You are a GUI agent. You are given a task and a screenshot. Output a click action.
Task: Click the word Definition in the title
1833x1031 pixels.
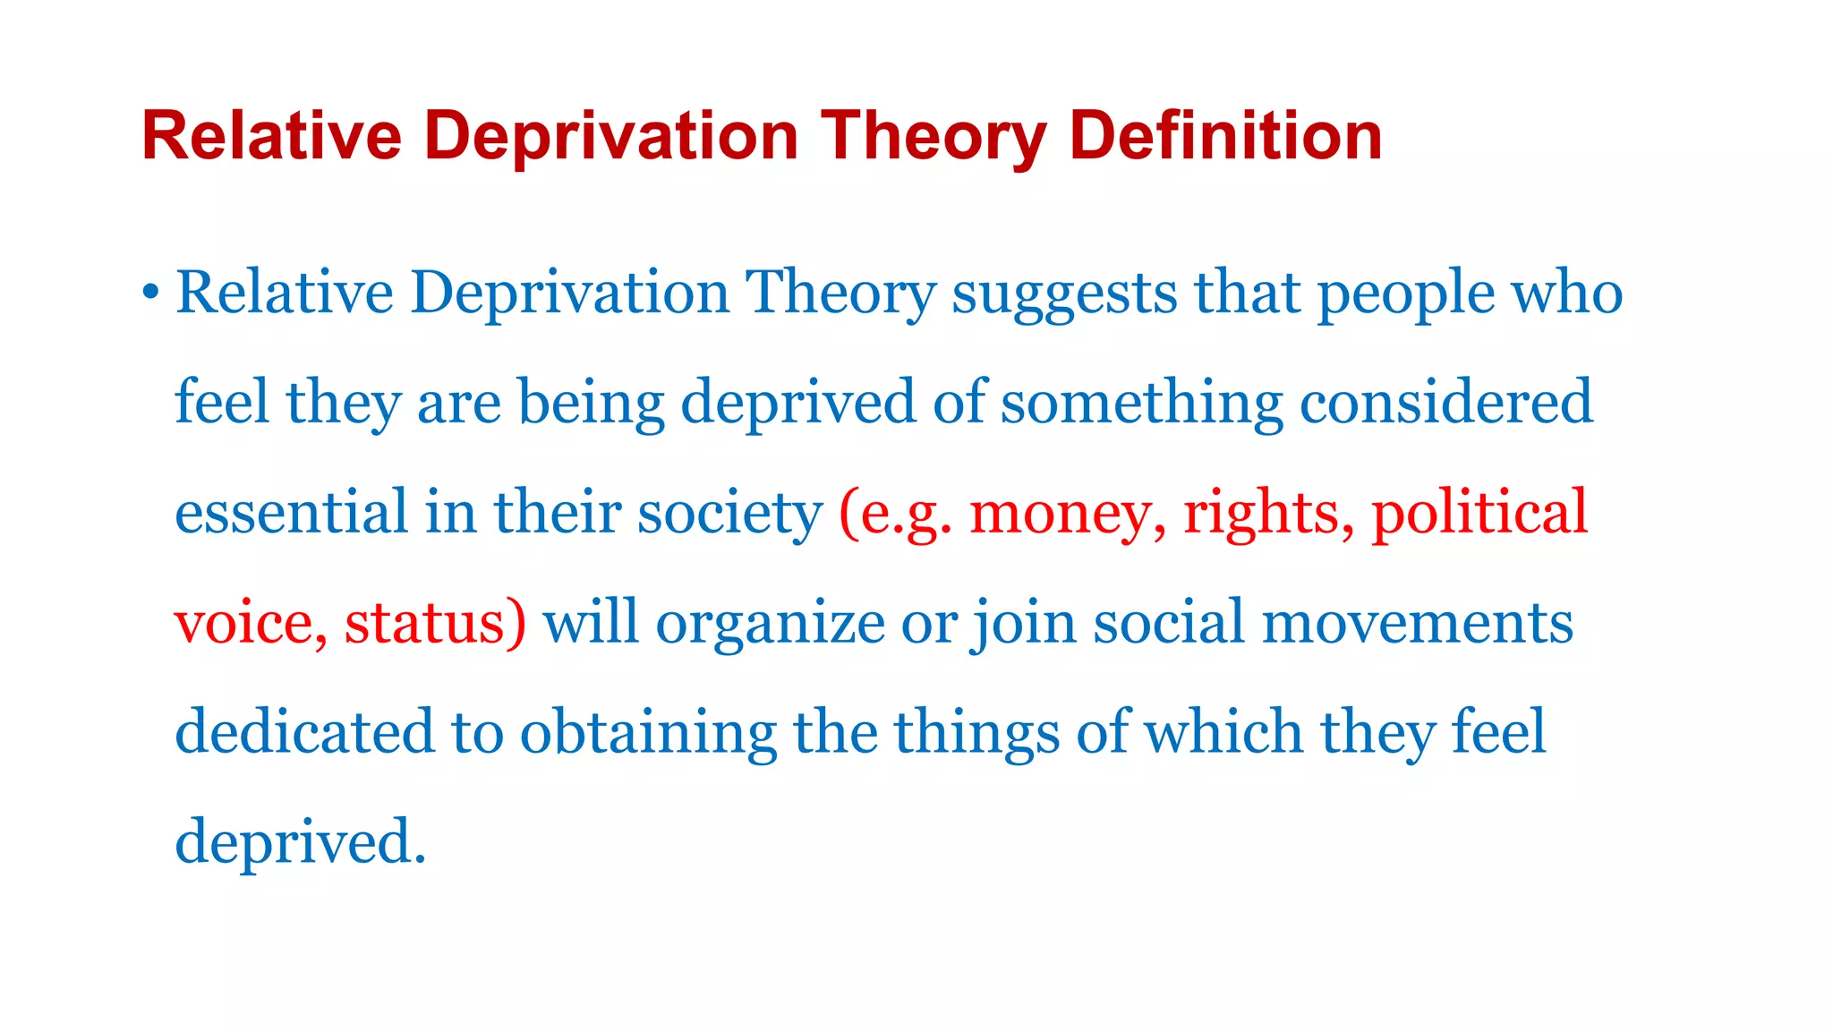click(1225, 136)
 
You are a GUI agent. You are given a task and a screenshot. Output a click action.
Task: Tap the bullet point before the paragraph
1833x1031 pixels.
click(150, 293)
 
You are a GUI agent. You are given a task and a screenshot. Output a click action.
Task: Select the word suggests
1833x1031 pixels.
click(1064, 294)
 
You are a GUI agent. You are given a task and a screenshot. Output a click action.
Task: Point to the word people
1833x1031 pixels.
click(1406, 294)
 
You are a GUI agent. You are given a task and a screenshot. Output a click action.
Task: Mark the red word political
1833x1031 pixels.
click(1479, 513)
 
